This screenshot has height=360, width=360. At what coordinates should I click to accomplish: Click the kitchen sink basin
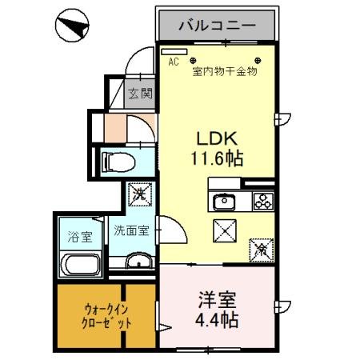(x=223, y=201)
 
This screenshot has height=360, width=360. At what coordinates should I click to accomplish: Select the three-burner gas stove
(x=262, y=201)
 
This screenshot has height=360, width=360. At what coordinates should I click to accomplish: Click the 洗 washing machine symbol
(x=138, y=194)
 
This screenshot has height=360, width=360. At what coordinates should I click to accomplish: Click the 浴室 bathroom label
(x=79, y=237)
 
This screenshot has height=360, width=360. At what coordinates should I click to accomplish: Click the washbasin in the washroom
(x=138, y=261)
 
